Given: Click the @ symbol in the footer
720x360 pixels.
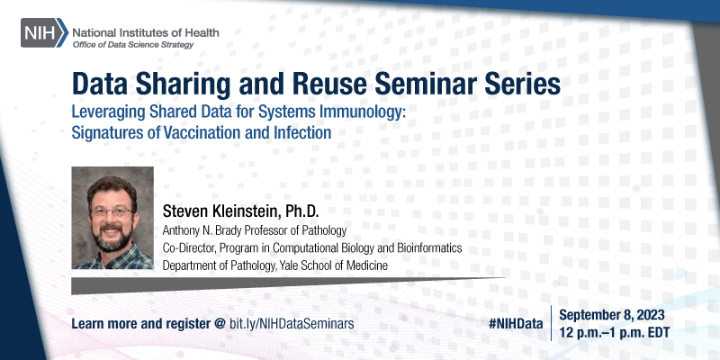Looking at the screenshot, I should click(219, 321).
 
